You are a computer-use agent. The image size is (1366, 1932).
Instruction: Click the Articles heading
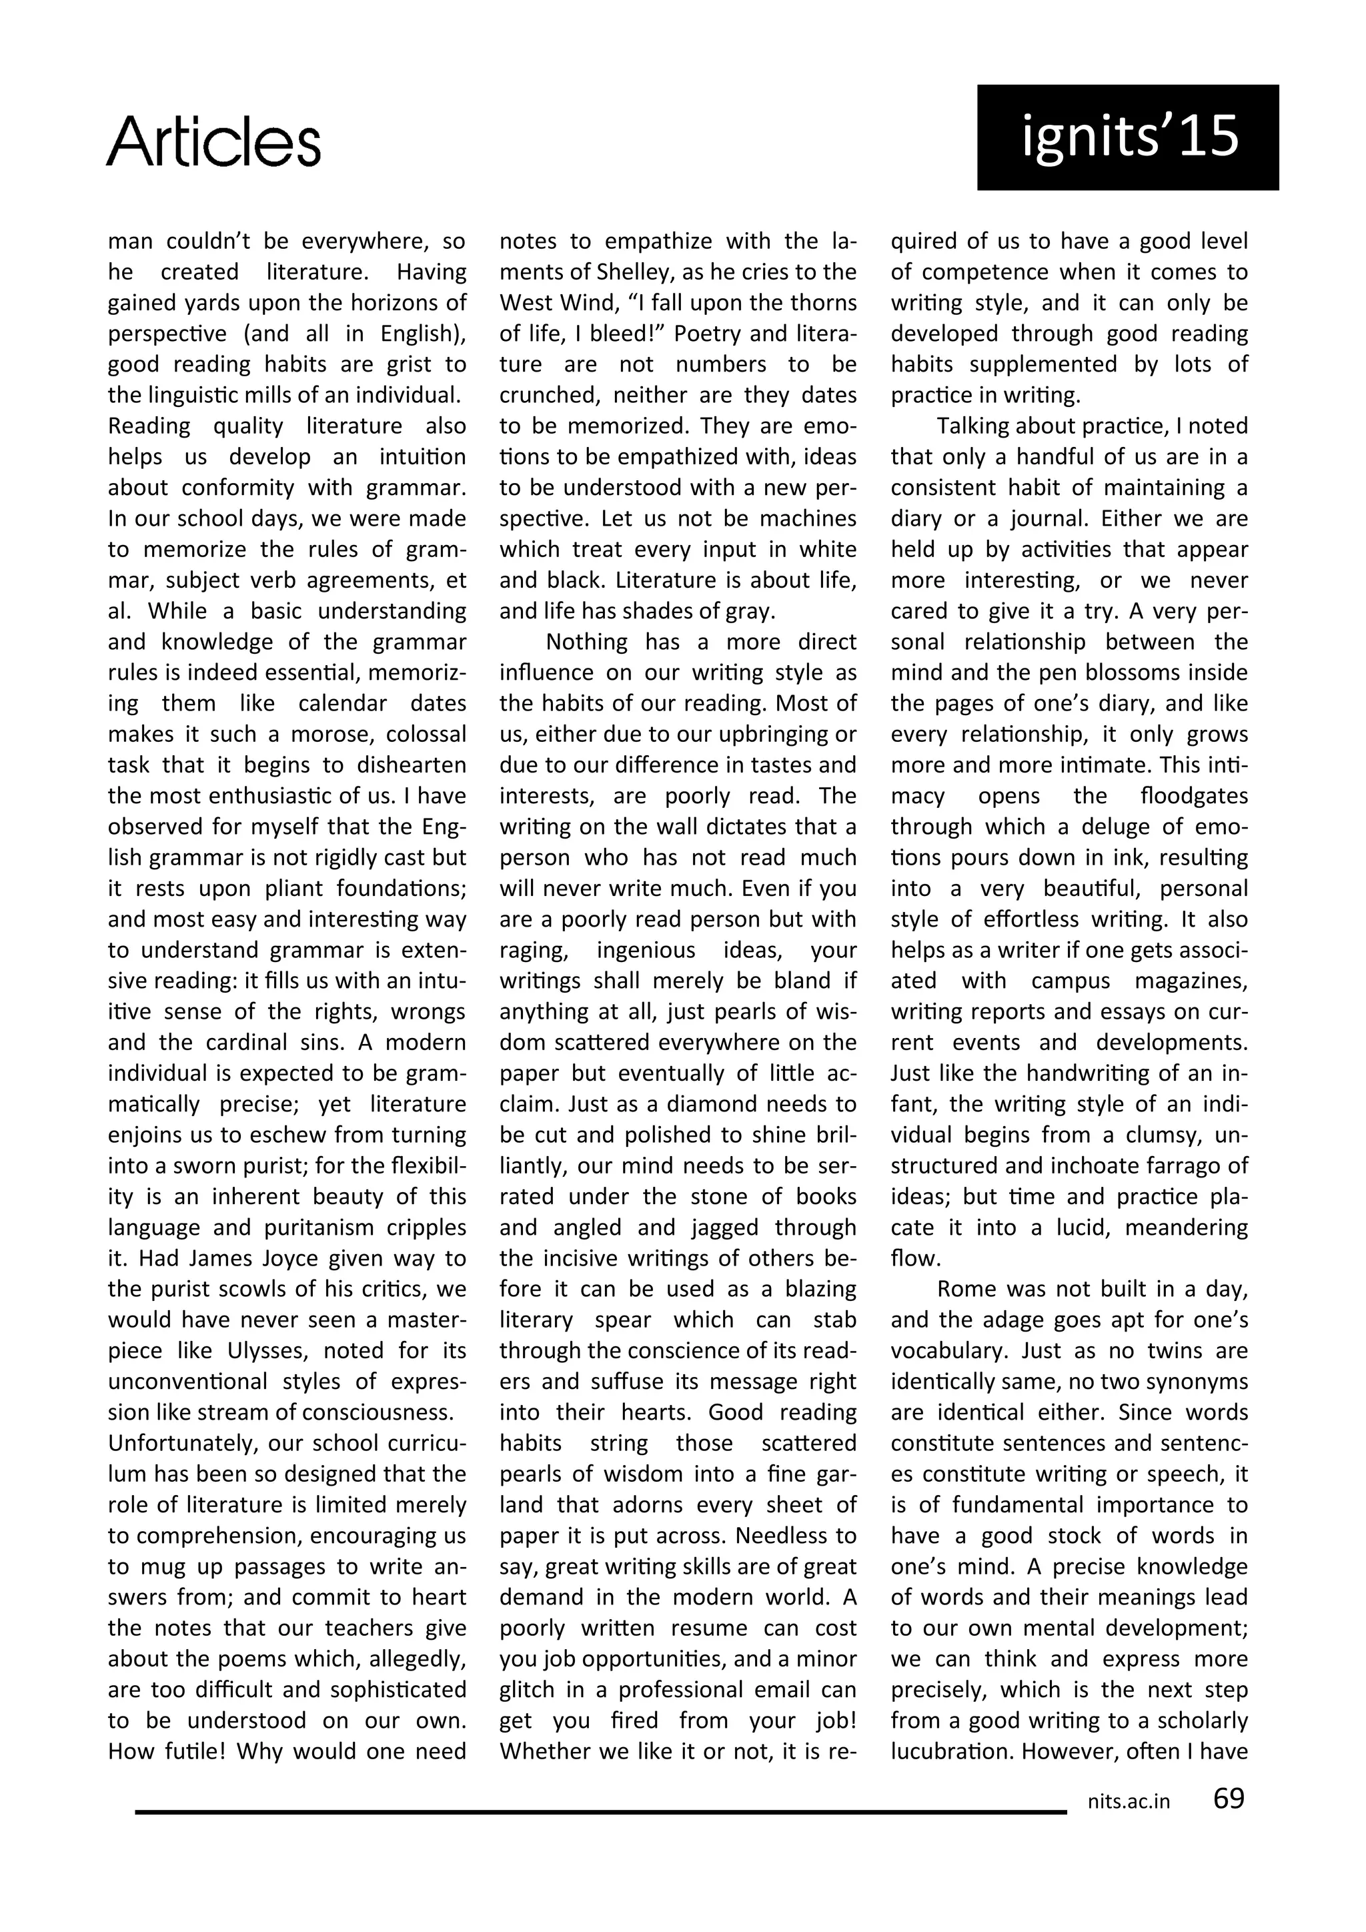click(213, 141)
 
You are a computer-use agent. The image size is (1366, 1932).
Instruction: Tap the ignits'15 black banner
click(1127, 137)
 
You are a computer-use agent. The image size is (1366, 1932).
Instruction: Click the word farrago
click(1175, 1166)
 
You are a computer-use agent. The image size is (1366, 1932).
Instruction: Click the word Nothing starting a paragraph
click(587, 642)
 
